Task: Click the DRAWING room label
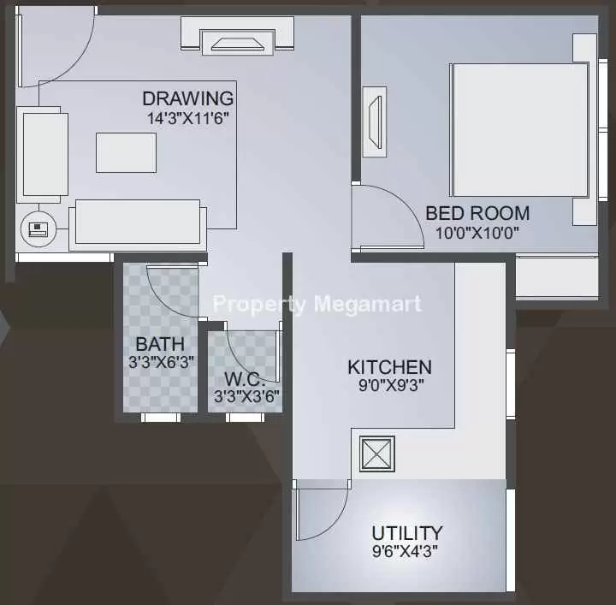tap(187, 98)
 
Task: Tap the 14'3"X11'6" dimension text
tap(187, 118)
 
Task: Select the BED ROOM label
tap(477, 213)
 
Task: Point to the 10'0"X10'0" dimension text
tap(477, 234)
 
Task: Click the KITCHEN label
tap(390, 367)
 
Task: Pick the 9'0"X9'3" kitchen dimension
tap(391, 386)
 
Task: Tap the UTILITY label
tap(407, 533)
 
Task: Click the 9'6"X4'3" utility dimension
tap(405, 551)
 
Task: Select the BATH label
tap(160, 345)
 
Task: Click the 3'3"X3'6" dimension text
tap(246, 396)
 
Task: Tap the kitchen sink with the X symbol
tap(376, 454)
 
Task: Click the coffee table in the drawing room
tap(126, 152)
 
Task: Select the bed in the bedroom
tap(518, 130)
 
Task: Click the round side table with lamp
tap(38, 229)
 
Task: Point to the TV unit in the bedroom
tap(375, 122)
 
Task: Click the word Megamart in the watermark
tap(368, 305)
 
